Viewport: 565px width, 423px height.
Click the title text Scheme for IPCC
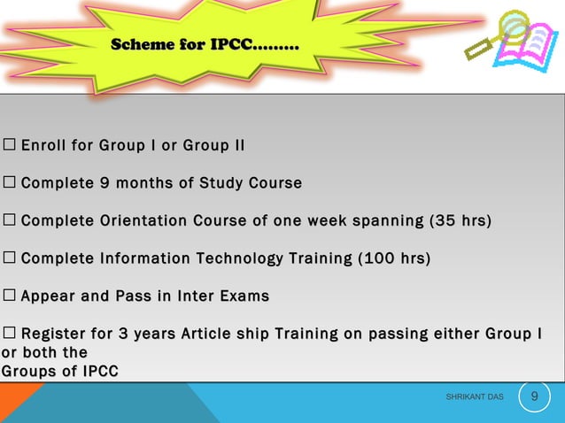click(205, 44)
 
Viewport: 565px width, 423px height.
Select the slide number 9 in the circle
click(534, 396)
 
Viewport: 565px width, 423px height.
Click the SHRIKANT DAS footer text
click(475, 397)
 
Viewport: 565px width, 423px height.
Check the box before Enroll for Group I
click(9, 145)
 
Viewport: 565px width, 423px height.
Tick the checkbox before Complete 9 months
click(9, 183)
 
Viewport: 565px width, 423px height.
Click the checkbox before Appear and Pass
click(9, 296)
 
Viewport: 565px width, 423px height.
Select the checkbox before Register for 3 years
click(9, 334)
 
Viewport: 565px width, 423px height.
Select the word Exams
click(247, 296)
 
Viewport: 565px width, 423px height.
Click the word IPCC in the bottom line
click(98, 372)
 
